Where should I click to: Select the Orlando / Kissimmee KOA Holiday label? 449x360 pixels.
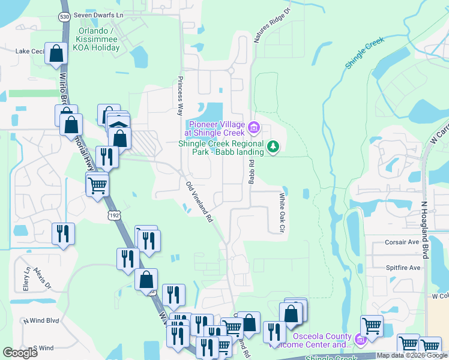96,38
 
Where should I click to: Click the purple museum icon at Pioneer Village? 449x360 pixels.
253,127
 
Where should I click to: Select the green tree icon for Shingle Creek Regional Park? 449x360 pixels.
273,146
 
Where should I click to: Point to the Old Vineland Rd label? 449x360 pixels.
200,203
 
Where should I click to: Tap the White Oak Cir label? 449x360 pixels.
282,212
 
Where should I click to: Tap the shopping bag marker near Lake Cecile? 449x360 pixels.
56,54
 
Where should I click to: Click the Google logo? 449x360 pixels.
20,353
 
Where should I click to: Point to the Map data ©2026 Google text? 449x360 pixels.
411,355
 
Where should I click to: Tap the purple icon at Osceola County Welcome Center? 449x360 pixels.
361,340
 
